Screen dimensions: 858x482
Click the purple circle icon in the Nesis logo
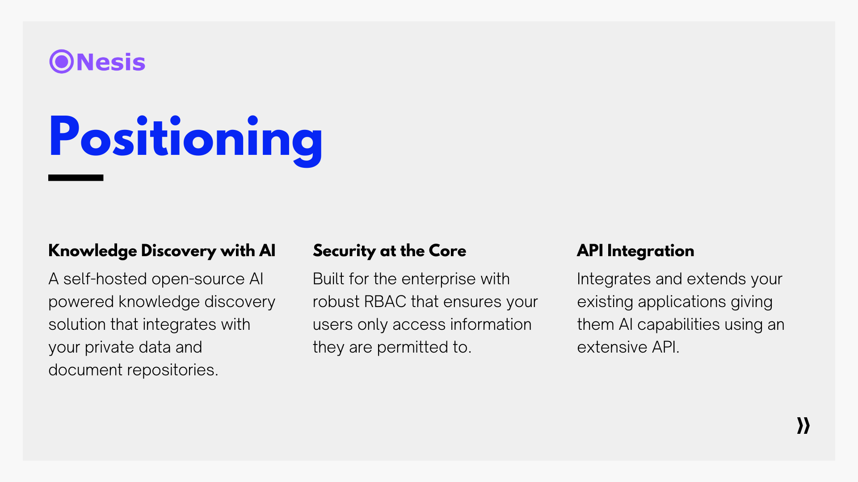(62, 62)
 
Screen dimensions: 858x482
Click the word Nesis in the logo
(111, 62)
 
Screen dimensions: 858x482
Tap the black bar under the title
(76, 178)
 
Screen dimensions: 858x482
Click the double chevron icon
(803, 425)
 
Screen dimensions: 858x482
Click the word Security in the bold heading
(345, 251)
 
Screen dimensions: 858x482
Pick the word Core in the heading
(449, 251)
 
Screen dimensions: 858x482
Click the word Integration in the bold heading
(651, 251)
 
